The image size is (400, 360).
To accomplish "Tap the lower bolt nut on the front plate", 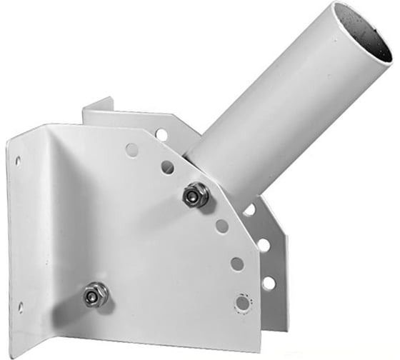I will [94, 294].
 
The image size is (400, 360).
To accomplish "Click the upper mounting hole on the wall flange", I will [18, 161].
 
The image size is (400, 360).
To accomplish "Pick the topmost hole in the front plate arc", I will [132, 150].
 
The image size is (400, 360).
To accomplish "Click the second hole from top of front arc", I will [167, 167].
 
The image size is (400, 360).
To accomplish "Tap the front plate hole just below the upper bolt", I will [222, 226].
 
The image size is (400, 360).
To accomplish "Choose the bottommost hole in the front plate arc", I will [242, 302].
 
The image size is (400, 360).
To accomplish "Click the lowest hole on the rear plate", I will [269, 283].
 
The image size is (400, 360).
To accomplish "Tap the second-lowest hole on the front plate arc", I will [236, 264].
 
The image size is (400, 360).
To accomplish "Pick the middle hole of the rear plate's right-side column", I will [264, 245].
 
